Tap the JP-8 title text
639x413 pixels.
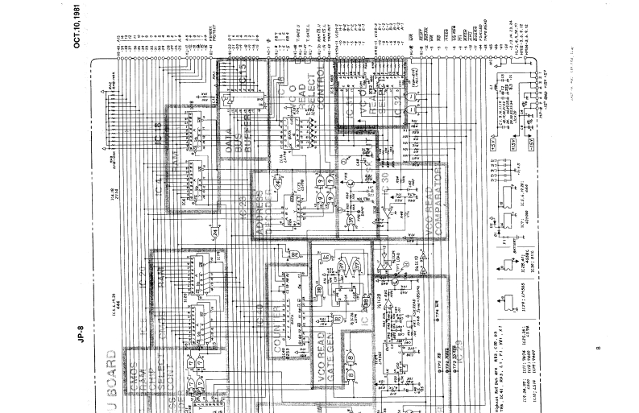81,332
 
